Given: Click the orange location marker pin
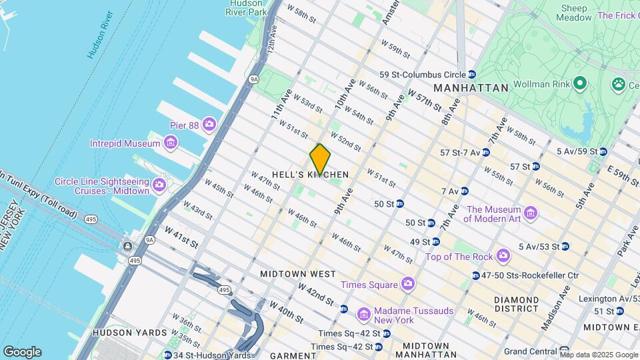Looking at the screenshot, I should [320, 159].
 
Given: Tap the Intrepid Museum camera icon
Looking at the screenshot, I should [170, 143].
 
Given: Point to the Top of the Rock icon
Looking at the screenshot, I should [503, 257].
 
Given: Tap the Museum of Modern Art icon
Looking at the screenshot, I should [530, 213].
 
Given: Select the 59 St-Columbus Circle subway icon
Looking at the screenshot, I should [472, 74].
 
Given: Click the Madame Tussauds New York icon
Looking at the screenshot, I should [363, 312].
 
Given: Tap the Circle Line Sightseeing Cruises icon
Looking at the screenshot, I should [159, 184].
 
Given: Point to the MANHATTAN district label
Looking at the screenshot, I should [471, 87].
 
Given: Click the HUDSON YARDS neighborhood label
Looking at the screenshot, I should [130, 332].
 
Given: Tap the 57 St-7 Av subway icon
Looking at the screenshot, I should [485, 153].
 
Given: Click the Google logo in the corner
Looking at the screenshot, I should [21, 351].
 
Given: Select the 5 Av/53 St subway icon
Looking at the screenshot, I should [565, 246].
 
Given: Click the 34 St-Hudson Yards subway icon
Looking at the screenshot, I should [167, 355].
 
